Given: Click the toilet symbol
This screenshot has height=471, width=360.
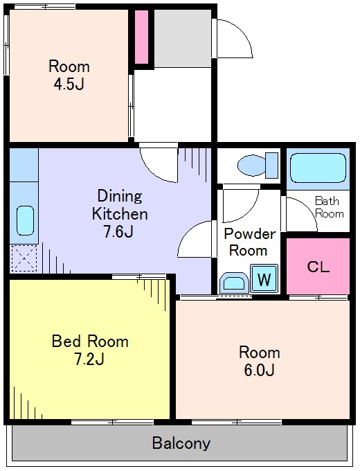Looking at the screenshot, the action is (x=258, y=166).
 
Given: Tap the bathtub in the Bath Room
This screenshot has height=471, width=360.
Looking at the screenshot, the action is (x=318, y=168).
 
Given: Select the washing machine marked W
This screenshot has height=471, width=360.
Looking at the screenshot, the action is (x=264, y=278).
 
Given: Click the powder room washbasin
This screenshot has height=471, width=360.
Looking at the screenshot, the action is (x=234, y=283).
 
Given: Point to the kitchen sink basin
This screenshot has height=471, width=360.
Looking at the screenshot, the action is (x=25, y=220).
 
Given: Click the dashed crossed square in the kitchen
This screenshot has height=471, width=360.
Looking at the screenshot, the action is (x=24, y=258).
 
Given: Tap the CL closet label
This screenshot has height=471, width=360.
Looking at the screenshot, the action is (x=318, y=266).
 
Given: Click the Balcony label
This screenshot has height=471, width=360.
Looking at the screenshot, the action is (x=181, y=443).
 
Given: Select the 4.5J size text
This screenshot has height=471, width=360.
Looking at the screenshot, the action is (x=69, y=85).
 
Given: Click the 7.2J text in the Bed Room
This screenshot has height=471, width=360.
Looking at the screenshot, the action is (x=89, y=359).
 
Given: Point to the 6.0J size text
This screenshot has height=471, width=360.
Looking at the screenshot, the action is (x=259, y=370).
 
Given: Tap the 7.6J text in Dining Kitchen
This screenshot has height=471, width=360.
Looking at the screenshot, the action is (x=118, y=231).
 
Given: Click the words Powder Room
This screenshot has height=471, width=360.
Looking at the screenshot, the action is (x=249, y=242).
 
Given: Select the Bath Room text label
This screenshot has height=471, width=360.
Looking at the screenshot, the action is (x=330, y=207).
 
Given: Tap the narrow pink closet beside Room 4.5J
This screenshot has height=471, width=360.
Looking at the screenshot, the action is (x=141, y=37).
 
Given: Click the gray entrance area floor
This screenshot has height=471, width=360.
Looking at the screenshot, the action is (x=183, y=38).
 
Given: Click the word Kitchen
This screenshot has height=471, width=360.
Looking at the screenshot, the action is (x=120, y=214).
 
